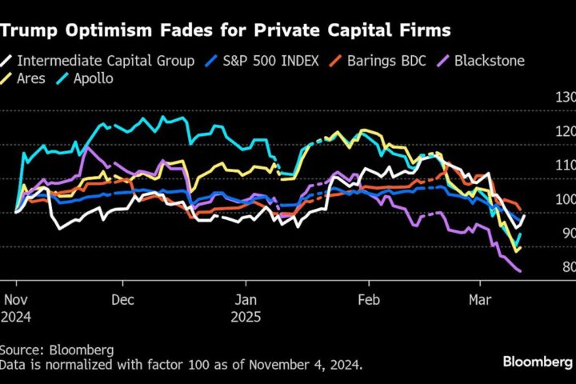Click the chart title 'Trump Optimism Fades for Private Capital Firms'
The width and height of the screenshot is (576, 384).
click(226, 30)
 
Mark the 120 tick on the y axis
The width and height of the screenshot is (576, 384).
click(565, 131)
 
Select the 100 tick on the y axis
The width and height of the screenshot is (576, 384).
click(565, 199)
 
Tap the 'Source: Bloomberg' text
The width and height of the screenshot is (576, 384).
click(56, 350)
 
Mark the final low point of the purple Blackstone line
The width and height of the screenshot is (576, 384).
click(521, 272)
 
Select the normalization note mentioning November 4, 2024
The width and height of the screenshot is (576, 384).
click(181, 365)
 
